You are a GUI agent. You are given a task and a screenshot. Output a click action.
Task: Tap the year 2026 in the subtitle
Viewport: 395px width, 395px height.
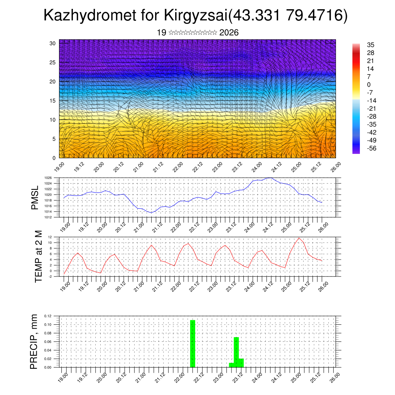pyautogui.click(x=229, y=33)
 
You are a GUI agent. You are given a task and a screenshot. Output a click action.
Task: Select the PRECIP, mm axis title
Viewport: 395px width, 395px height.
pyautogui.click(x=34, y=341)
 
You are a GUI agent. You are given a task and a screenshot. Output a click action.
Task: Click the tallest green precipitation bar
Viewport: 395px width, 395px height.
pyautogui.click(x=192, y=343)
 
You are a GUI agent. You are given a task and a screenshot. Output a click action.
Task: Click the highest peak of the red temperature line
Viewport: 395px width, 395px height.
pyautogui.click(x=299, y=238)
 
